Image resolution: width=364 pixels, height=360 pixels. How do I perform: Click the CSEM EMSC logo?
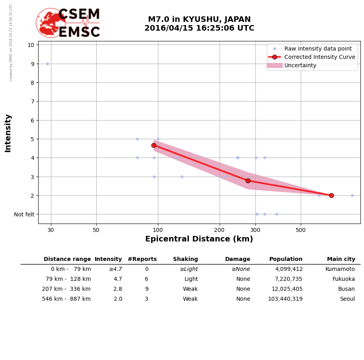[x=68, y=23]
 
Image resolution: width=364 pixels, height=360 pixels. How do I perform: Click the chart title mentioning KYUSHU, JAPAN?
[x=199, y=24]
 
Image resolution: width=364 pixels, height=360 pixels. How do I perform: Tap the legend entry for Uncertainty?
[x=300, y=65]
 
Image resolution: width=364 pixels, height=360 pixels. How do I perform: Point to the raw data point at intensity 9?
[x=47, y=64]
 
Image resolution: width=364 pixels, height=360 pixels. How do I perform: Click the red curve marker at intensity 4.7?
[x=154, y=145]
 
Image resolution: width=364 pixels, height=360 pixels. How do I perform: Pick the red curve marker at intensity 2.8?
[x=248, y=181]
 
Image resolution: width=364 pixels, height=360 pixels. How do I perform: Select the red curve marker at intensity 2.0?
[x=331, y=195]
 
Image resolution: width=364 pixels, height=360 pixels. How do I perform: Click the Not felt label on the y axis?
[x=24, y=214]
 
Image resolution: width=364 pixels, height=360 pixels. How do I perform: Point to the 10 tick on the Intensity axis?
[x=31, y=45]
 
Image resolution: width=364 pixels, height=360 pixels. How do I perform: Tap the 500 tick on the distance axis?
[x=301, y=230]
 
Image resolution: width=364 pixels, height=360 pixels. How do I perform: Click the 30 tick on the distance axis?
[x=51, y=230]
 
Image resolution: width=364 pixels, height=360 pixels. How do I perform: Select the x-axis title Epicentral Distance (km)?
[x=199, y=239]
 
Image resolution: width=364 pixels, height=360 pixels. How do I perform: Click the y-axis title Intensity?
[x=8, y=133]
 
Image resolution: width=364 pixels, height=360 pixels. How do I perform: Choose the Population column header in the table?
[x=286, y=259]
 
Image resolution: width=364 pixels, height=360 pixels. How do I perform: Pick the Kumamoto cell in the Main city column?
[x=340, y=269]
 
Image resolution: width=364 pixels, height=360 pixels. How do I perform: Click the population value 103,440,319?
[x=285, y=299]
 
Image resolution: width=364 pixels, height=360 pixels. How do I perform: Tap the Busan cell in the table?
[x=346, y=289]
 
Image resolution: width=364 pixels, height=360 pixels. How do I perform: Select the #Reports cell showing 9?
[x=146, y=289]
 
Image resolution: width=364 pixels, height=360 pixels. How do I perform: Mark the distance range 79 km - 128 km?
[x=68, y=279]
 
